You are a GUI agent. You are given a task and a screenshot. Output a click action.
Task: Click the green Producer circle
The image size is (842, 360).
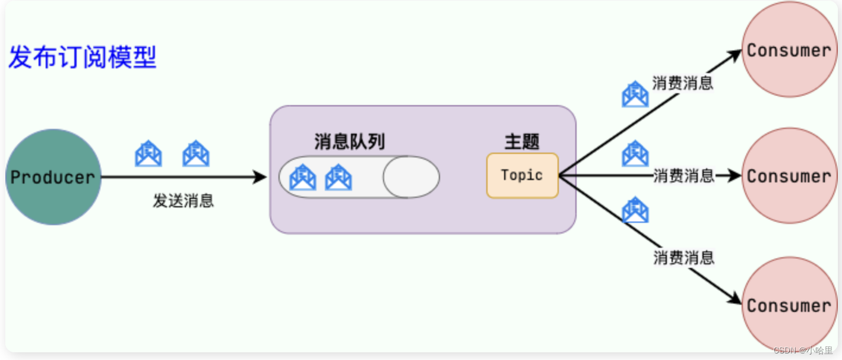pyautogui.click(x=53, y=177)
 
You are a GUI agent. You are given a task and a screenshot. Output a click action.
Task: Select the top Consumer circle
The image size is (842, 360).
pyautogui.click(x=789, y=50)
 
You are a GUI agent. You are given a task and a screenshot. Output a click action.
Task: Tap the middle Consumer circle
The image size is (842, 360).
pyautogui.click(x=789, y=176)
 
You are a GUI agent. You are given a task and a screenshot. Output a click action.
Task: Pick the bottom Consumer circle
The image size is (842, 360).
pyautogui.click(x=789, y=305)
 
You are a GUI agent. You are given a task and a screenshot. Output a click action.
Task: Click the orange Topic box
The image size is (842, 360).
pyautogui.click(x=522, y=175)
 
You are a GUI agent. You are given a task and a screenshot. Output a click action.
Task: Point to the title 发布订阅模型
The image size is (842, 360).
pyautogui.click(x=83, y=58)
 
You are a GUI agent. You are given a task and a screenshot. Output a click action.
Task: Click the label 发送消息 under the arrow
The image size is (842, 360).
pyautogui.click(x=183, y=201)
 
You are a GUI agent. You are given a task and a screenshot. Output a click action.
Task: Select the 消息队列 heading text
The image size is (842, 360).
pyautogui.click(x=349, y=142)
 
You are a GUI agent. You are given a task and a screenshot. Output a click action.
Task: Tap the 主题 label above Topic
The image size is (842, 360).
pyautogui.click(x=522, y=142)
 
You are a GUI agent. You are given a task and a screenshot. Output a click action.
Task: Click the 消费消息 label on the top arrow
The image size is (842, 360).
pyautogui.click(x=682, y=83)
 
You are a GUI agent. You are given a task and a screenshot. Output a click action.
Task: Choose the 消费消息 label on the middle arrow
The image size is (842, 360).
pyautogui.click(x=683, y=176)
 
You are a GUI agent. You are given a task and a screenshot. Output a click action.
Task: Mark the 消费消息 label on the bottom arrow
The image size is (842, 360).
pyautogui.click(x=683, y=257)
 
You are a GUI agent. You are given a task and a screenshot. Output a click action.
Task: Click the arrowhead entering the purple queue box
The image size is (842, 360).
pyautogui.click(x=260, y=177)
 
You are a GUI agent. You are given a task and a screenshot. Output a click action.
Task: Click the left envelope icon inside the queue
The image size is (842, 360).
pyautogui.click(x=302, y=177)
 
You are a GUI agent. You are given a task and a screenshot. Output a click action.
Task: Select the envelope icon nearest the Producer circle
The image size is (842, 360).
pyautogui.click(x=148, y=154)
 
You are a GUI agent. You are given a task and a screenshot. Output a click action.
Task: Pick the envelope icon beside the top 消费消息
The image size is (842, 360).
pyautogui.click(x=635, y=94)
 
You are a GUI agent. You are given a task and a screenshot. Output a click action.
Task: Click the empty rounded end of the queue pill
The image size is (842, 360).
pyautogui.click(x=411, y=177)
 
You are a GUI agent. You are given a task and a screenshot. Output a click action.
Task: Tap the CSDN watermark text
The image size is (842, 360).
pyautogui.click(x=803, y=350)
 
